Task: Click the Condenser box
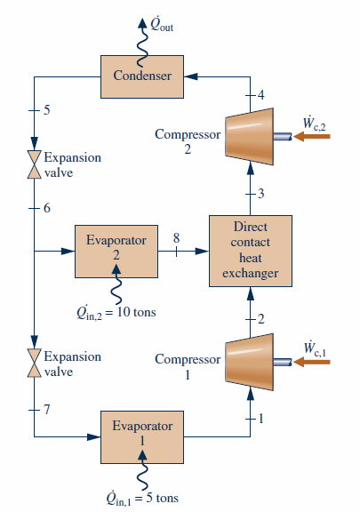click(x=142, y=76)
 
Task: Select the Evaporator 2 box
click(x=116, y=252)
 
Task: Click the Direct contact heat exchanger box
click(x=250, y=251)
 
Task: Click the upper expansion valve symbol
click(x=35, y=164)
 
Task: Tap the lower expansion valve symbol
click(x=35, y=364)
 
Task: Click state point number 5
click(x=47, y=110)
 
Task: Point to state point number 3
click(x=261, y=194)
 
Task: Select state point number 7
click(x=47, y=410)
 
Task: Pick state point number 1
click(x=261, y=417)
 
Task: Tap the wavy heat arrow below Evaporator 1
click(x=141, y=471)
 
